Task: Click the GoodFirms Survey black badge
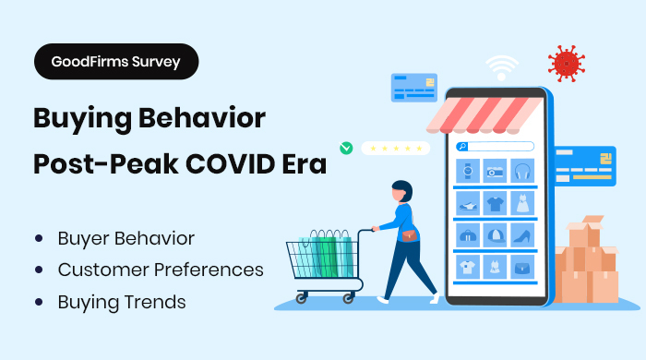click(116, 62)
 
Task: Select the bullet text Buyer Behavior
click(126, 238)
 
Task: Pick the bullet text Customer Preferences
click(161, 270)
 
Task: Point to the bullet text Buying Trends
click(122, 302)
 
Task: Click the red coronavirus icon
click(566, 63)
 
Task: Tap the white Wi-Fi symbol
click(503, 68)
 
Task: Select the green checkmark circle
click(346, 147)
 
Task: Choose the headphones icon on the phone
click(522, 172)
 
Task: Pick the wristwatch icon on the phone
click(468, 172)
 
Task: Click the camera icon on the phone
click(496, 172)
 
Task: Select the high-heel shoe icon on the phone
click(522, 235)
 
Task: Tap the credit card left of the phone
click(413, 88)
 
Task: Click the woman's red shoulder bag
click(408, 235)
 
